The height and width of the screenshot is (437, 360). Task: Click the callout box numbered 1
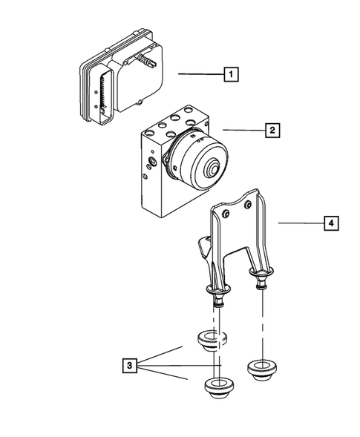tap(232, 74)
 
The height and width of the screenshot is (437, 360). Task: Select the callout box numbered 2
tap(272, 131)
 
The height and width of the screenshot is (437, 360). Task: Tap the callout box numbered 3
tap(129, 365)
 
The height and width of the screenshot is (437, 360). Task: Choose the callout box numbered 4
tap(329, 222)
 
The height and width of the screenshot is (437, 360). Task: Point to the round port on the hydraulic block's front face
tap(152, 160)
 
